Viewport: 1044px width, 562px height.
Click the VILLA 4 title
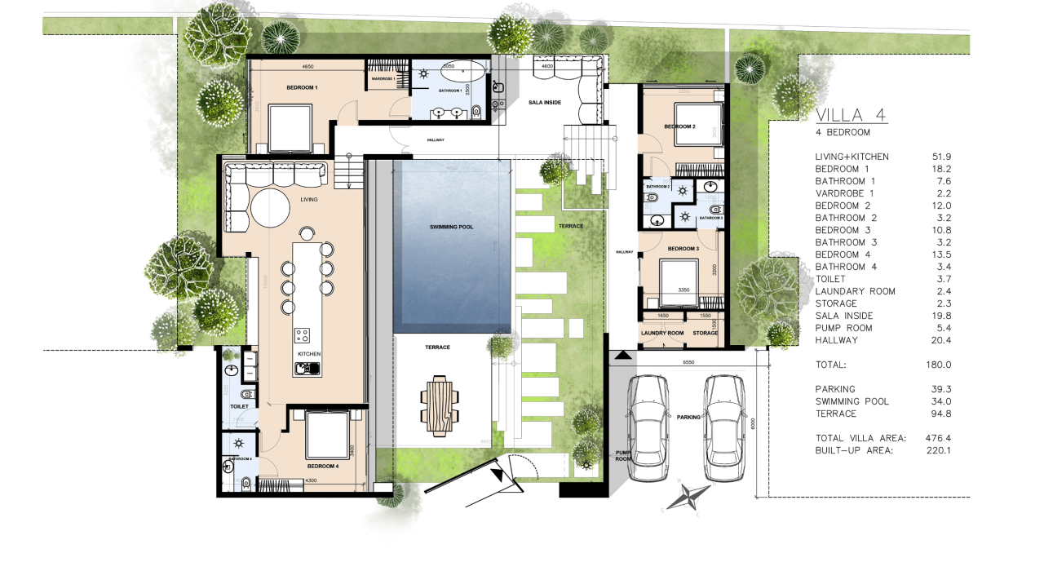(x=851, y=115)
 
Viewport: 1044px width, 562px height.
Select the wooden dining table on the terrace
(x=440, y=403)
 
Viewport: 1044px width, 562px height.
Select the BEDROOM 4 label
(x=322, y=467)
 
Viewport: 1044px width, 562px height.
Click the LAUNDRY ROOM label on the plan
(x=661, y=333)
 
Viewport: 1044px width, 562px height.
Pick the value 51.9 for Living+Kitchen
(x=942, y=157)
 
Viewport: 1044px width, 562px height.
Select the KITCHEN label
(x=308, y=354)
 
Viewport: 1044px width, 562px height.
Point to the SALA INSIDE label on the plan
(x=546, y=102)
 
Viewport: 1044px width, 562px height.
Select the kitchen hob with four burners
(x=303, y=335)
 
